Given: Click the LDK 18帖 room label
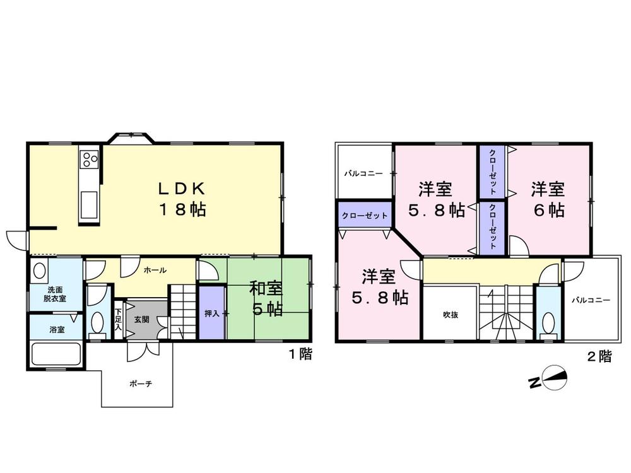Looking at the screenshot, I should tap(181, 199).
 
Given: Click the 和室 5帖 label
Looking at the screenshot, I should tap(266, 300).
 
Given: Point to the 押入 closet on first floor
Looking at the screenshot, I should tap(211, 313).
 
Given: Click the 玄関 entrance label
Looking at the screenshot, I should tap(141, 319).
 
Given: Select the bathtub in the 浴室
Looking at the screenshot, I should tap(56, 353).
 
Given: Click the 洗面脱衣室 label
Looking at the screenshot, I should tap(55, 294).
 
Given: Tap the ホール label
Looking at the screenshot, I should tap(155, 270).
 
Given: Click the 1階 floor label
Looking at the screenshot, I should tap(300, 354).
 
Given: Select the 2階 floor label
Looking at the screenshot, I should tap(599, 356).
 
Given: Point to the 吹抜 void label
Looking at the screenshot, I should tap(449, 315).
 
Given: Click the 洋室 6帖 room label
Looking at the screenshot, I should tap(547, 199).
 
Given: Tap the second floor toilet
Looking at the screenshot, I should tap(548, 324).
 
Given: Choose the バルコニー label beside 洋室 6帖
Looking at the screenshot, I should tap(591, 300).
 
